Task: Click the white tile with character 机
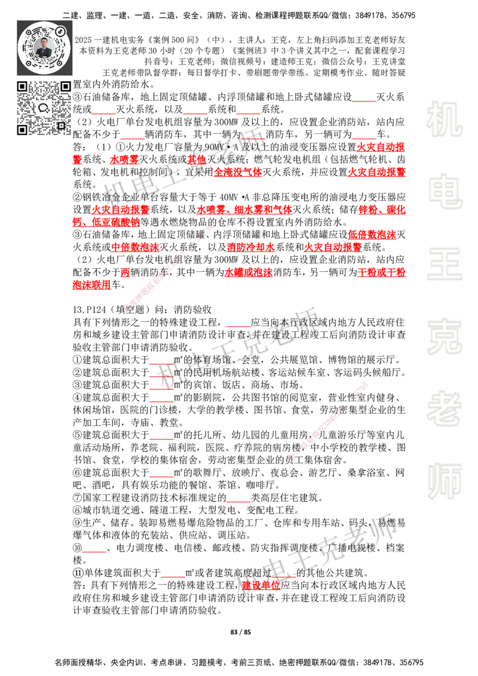click(444, 119)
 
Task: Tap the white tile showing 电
click(446, 191)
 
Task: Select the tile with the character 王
click(444, 265)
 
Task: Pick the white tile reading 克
click(444, 337)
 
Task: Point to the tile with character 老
click(444, 408)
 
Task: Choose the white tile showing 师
click(444, 482)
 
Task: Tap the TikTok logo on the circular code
click(60, 30)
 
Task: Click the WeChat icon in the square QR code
click(44, 108)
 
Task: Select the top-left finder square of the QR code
click(22, 87)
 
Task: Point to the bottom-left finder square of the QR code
click(22, 130)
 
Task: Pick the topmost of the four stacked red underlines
click(161, 364)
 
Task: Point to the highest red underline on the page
click(363, 102)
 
